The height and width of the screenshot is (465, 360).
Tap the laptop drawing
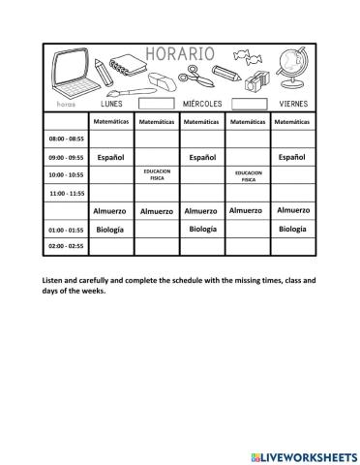tap(67, 74)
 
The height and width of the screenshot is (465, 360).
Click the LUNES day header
tap(112, 102)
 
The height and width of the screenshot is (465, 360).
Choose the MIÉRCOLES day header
tap(202, 103)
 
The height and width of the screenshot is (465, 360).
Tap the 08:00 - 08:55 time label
tap(66, 139)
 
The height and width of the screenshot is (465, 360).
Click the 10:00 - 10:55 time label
tap(66, 174)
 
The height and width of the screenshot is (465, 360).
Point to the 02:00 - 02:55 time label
tap(66, 248)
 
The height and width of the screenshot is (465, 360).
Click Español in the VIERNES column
tap(291, 156)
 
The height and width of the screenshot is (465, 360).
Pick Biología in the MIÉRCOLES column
tap(202, 230)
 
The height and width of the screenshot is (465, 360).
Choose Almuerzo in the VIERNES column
tap(292, 210)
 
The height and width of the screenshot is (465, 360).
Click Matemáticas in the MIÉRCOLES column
tap(202, 122)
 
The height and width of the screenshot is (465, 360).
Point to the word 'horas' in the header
tap(65, 103)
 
